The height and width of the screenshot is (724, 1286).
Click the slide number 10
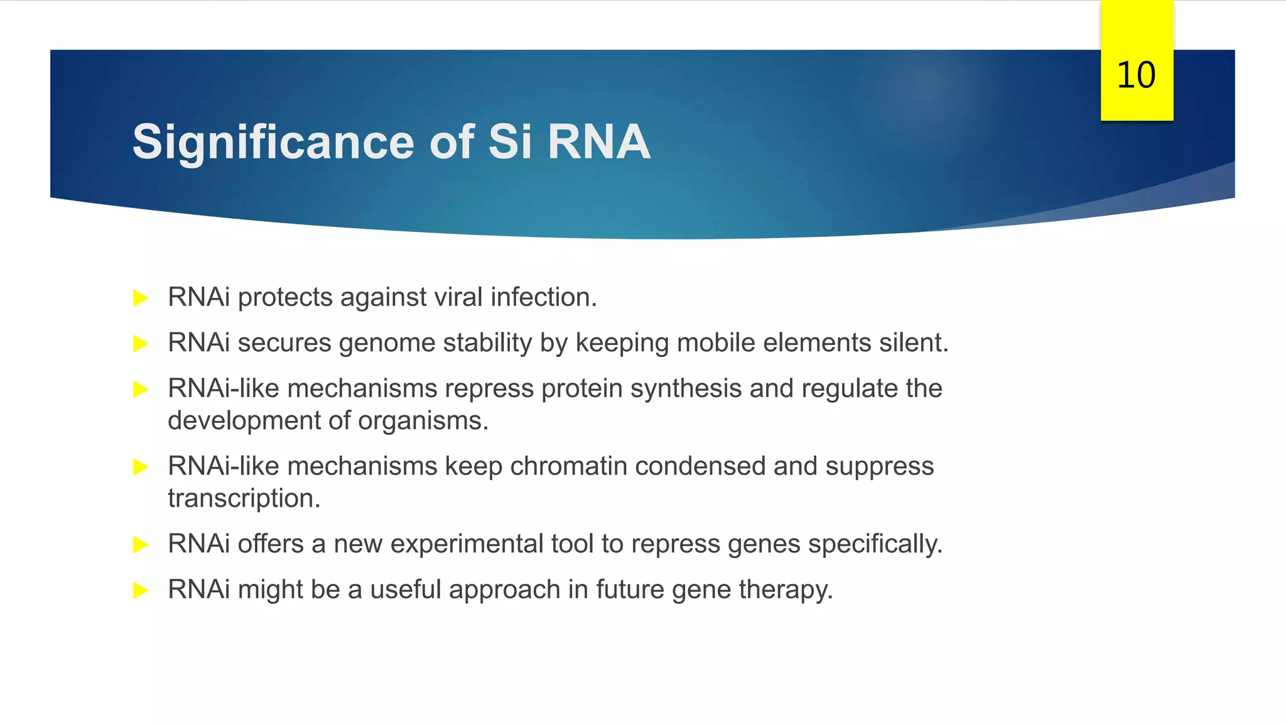tap(1136, 75)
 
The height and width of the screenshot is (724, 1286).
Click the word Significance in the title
tap(273, 142)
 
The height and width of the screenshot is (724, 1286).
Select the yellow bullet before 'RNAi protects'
tap(141, 298)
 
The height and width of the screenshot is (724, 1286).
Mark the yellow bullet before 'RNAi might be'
tap(141, 591)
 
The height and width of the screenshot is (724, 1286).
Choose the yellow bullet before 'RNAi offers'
tap(141, 545)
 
